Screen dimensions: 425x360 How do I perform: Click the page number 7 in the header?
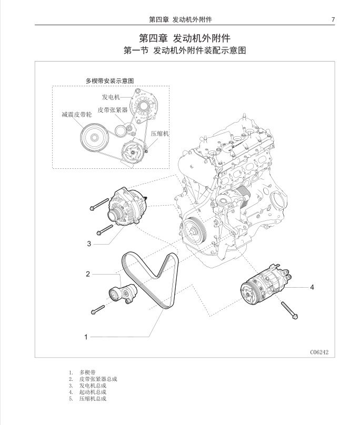pos(333,19)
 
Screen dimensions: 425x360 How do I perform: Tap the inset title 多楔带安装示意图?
pos(110,80)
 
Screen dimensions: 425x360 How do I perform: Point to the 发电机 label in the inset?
pos(111,97)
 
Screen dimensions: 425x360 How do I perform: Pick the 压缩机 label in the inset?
pos(159,134)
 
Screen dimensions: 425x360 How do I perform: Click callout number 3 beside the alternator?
pos(89,244)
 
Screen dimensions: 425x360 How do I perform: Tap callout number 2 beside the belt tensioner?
pos(88,274)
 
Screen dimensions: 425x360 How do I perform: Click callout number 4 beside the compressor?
pos(312,287)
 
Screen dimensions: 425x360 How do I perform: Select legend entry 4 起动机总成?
pos(93,392)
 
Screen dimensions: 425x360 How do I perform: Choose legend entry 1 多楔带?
pos(87,371)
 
